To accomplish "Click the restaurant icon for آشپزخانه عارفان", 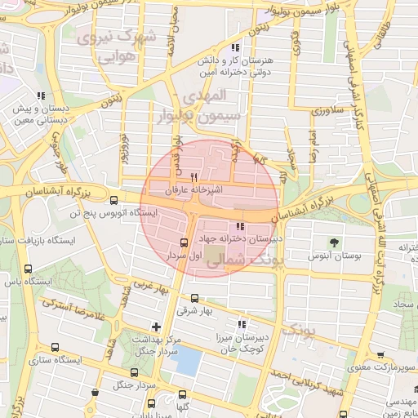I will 193,177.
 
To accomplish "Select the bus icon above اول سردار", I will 183,242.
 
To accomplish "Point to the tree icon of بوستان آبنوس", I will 334,242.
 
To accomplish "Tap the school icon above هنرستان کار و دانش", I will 236,49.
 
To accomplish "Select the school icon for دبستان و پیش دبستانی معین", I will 41,96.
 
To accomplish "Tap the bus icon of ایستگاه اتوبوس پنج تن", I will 113,198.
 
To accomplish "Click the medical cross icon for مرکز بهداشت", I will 157,327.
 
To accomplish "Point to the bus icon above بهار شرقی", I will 194,298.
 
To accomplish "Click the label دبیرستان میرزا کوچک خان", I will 244,342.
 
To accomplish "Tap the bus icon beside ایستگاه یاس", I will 29,269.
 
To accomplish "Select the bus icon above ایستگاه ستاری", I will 55,347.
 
